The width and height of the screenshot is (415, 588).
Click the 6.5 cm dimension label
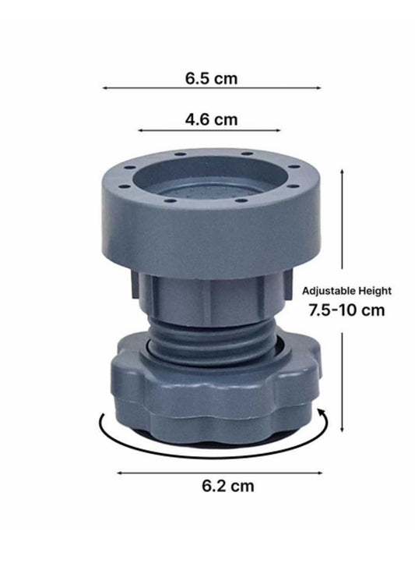[x=210, y=79]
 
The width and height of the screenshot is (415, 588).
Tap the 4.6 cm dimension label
[x=210, y=120]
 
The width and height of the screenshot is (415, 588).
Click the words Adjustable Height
[x=346, y=290]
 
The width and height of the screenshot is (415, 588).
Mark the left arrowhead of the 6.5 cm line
[x=104, y=89]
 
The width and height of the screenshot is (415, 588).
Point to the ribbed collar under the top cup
[x=210, y=300]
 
